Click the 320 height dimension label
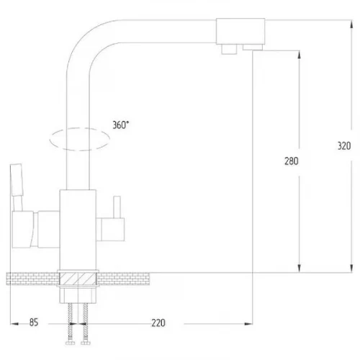(344, 146)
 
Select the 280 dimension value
(292, 161)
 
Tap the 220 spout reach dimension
(158, 323)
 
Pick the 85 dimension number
(34, 323)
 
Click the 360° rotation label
(120, 125)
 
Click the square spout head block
(240, 31)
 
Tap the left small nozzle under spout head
(229, 49)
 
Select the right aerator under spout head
(253, 48)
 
